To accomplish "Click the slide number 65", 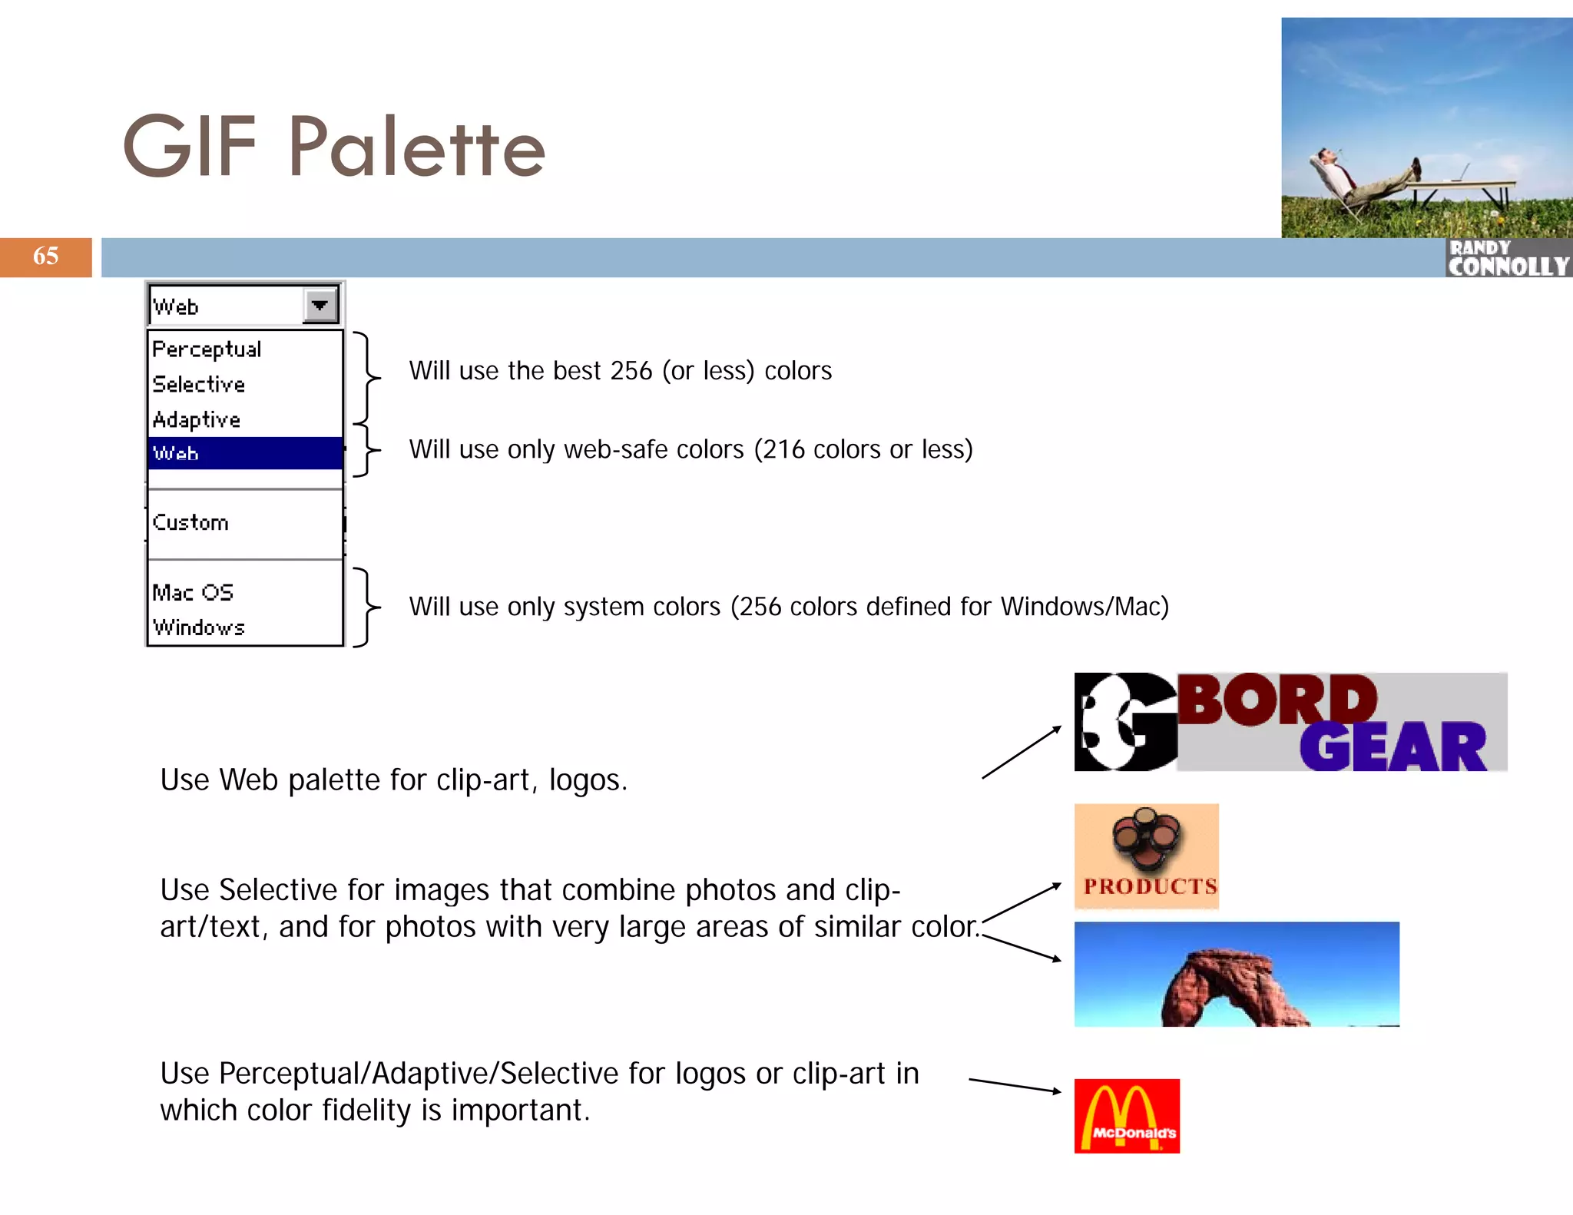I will [46, 256].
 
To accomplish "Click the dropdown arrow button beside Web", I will [320, 305].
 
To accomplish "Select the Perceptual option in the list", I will [207, 349].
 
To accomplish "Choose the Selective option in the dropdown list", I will [199, 384].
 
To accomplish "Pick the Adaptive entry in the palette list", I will [197, 419].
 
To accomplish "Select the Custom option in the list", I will [190, 523].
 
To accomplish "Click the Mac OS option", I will [193, 592].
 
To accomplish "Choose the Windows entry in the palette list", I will [199, 627].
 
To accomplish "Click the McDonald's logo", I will [1127, 1115].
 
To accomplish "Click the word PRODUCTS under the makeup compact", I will [1150, 886].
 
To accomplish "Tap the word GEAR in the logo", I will [1393, 747].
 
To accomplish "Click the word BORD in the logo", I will [1277, 700].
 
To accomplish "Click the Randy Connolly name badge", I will [1508, 258].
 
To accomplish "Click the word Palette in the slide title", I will [417, 147].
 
